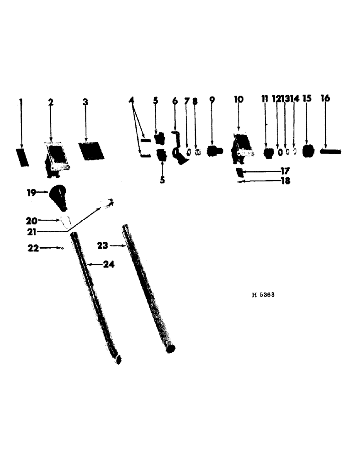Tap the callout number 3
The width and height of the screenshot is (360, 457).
point(85,101)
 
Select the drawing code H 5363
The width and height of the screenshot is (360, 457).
point(263,295)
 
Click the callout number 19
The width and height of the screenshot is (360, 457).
point(31,192)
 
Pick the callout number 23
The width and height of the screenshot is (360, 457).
point(102,245)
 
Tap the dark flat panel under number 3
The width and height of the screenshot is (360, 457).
point(90,150)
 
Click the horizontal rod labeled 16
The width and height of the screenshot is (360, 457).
point(330,151)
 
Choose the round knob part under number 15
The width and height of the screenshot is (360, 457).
point(309,151)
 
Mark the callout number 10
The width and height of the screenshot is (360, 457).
point(238,99)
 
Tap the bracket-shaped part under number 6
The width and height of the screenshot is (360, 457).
point(178,150)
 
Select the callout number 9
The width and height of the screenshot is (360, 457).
point(212,99)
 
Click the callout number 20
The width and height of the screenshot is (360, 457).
point(32,220)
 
